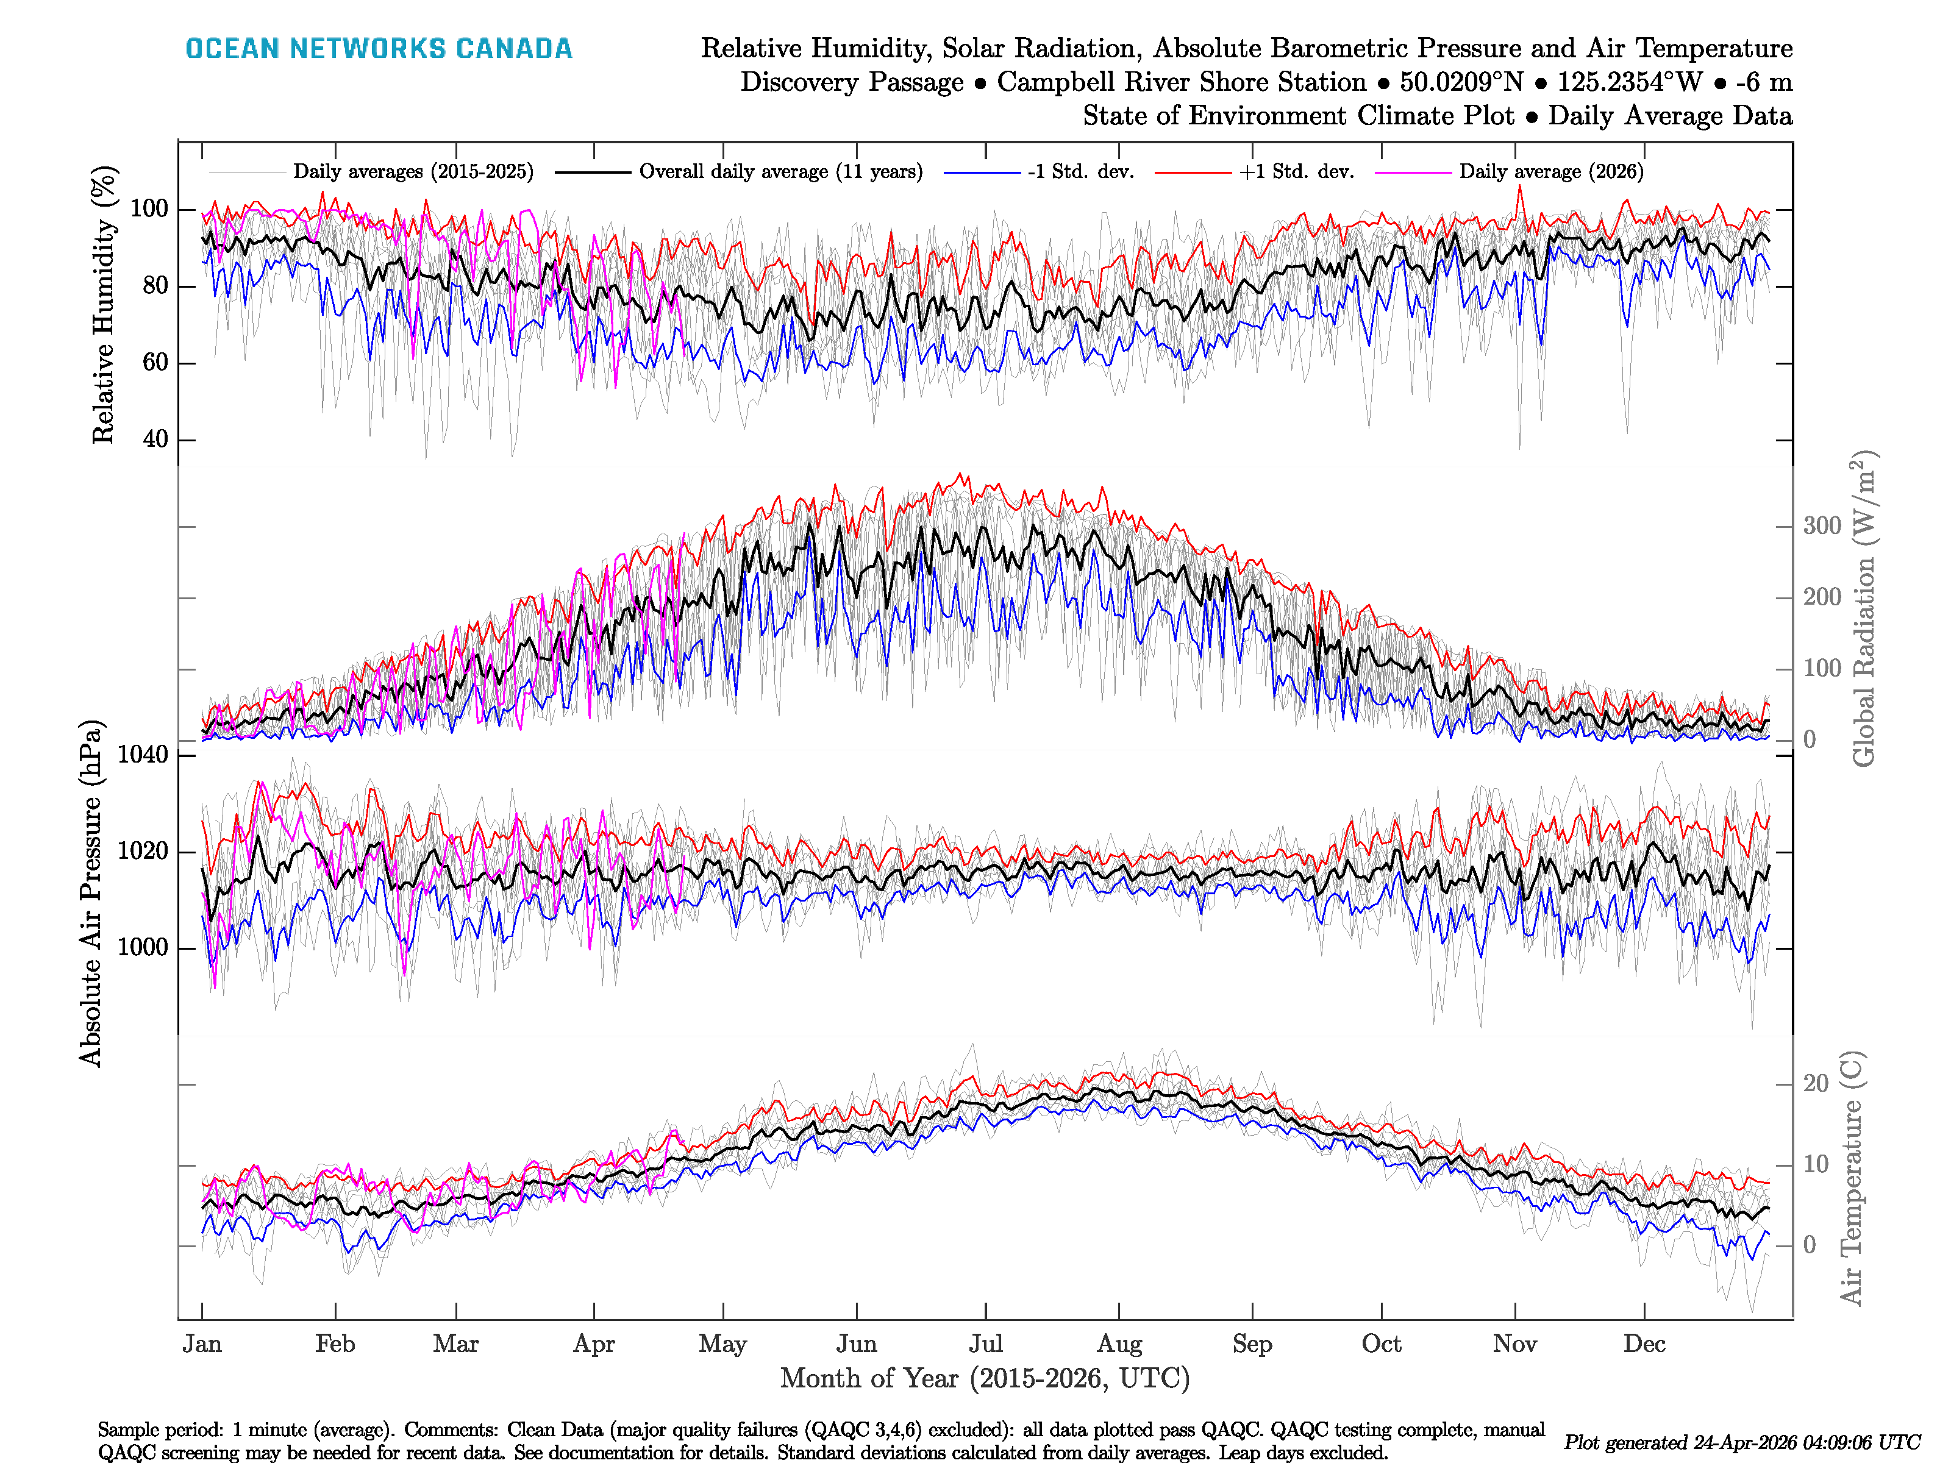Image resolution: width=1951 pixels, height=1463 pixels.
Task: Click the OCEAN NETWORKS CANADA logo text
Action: (379, 49)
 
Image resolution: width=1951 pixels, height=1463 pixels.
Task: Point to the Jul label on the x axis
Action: (985, 1344)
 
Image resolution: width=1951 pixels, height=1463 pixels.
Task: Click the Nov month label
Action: (1514, 1344)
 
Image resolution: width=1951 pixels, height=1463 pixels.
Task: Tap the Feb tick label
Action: (335, 1344)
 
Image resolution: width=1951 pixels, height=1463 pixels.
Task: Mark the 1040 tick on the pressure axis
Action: (142, 755)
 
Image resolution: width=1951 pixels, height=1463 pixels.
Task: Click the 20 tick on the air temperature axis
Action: (1815, 1084)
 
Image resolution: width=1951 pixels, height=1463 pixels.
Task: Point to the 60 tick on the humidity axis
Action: (155, 363)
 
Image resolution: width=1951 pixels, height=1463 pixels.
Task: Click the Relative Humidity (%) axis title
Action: (104, 304)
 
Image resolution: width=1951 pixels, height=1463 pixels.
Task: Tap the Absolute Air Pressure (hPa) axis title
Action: (91, 893)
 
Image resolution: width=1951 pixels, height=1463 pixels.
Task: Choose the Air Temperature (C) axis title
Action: (1852, 1177)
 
